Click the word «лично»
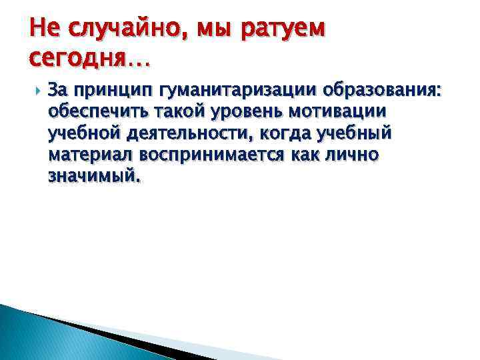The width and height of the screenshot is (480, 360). pos(355,155)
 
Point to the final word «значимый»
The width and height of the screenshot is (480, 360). pos(94,177)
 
